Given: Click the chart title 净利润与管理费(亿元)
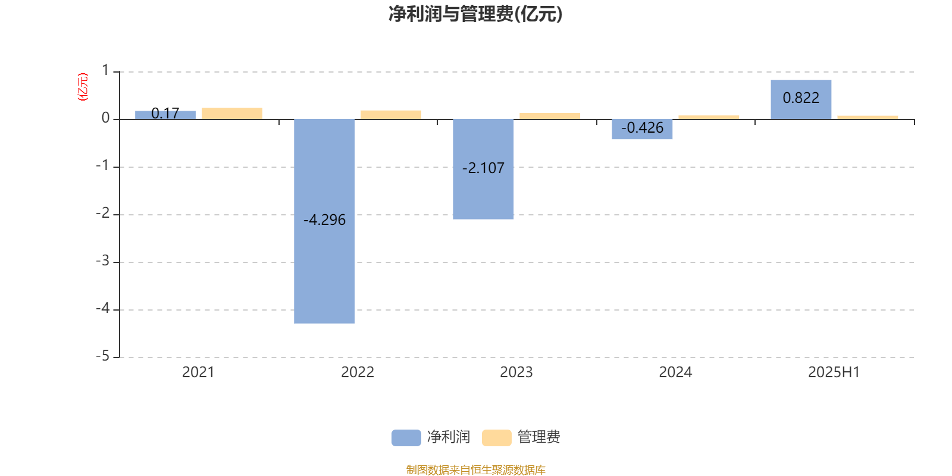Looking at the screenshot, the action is tap(475, 14).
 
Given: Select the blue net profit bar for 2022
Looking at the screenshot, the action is tap(324, 221).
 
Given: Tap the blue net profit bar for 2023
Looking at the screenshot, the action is tap(483, 169).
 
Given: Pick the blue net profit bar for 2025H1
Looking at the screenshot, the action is tap(801, 99).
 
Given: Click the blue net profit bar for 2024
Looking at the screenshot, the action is tap(642, 129).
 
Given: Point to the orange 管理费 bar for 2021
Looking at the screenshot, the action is tap(232, 114).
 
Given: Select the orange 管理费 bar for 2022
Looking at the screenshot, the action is tap(391, 115).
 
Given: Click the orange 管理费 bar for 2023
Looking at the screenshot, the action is tap(550, 116).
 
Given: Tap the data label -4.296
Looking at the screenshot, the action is tap(325, 220).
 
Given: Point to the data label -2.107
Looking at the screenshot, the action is tap(483, 168).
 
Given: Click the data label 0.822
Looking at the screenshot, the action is tap(801, 98).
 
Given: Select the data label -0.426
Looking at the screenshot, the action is tap(642, 128).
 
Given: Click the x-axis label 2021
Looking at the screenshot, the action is tap(198, 372).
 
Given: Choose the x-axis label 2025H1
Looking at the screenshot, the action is tap(834, 372).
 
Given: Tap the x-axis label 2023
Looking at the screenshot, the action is tap(516, 372).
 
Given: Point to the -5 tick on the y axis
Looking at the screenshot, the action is tap(103, 356).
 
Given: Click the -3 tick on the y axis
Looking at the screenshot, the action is tap(103, 261).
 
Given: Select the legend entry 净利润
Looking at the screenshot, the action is tap(431, 437).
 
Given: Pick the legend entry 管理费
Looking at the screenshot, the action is tap(521, 437).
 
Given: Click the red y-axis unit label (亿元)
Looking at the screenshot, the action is tap(83, 87).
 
